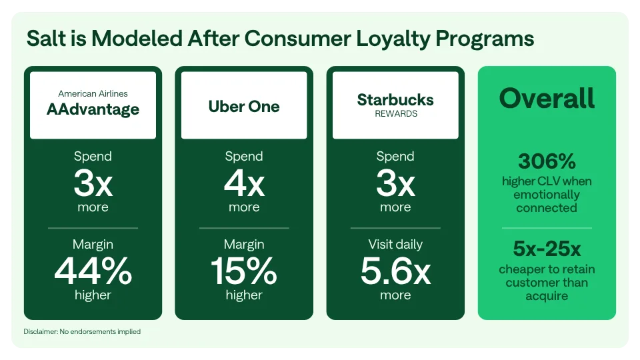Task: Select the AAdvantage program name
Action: (x=93, y=110)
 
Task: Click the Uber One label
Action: (x=244, y=107)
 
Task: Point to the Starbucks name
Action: (x=395, y=100)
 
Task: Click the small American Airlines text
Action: (x=93, y=94)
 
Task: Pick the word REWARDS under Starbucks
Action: (x=395, y=114)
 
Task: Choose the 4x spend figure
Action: (x=244, y=184)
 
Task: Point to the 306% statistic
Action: (x=546, y=161)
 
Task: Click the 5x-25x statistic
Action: (x=547, y=249)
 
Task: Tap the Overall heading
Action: (x=547, y=99)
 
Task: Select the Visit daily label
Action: (x=395, y=245)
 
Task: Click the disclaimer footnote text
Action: (x=82, y=331)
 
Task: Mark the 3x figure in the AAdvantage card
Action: (x=93, y=184)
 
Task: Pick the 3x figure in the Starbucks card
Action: (x=395, y=184)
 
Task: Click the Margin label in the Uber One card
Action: (x=244, y=245)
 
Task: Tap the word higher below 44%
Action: (x=93, y=295)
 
